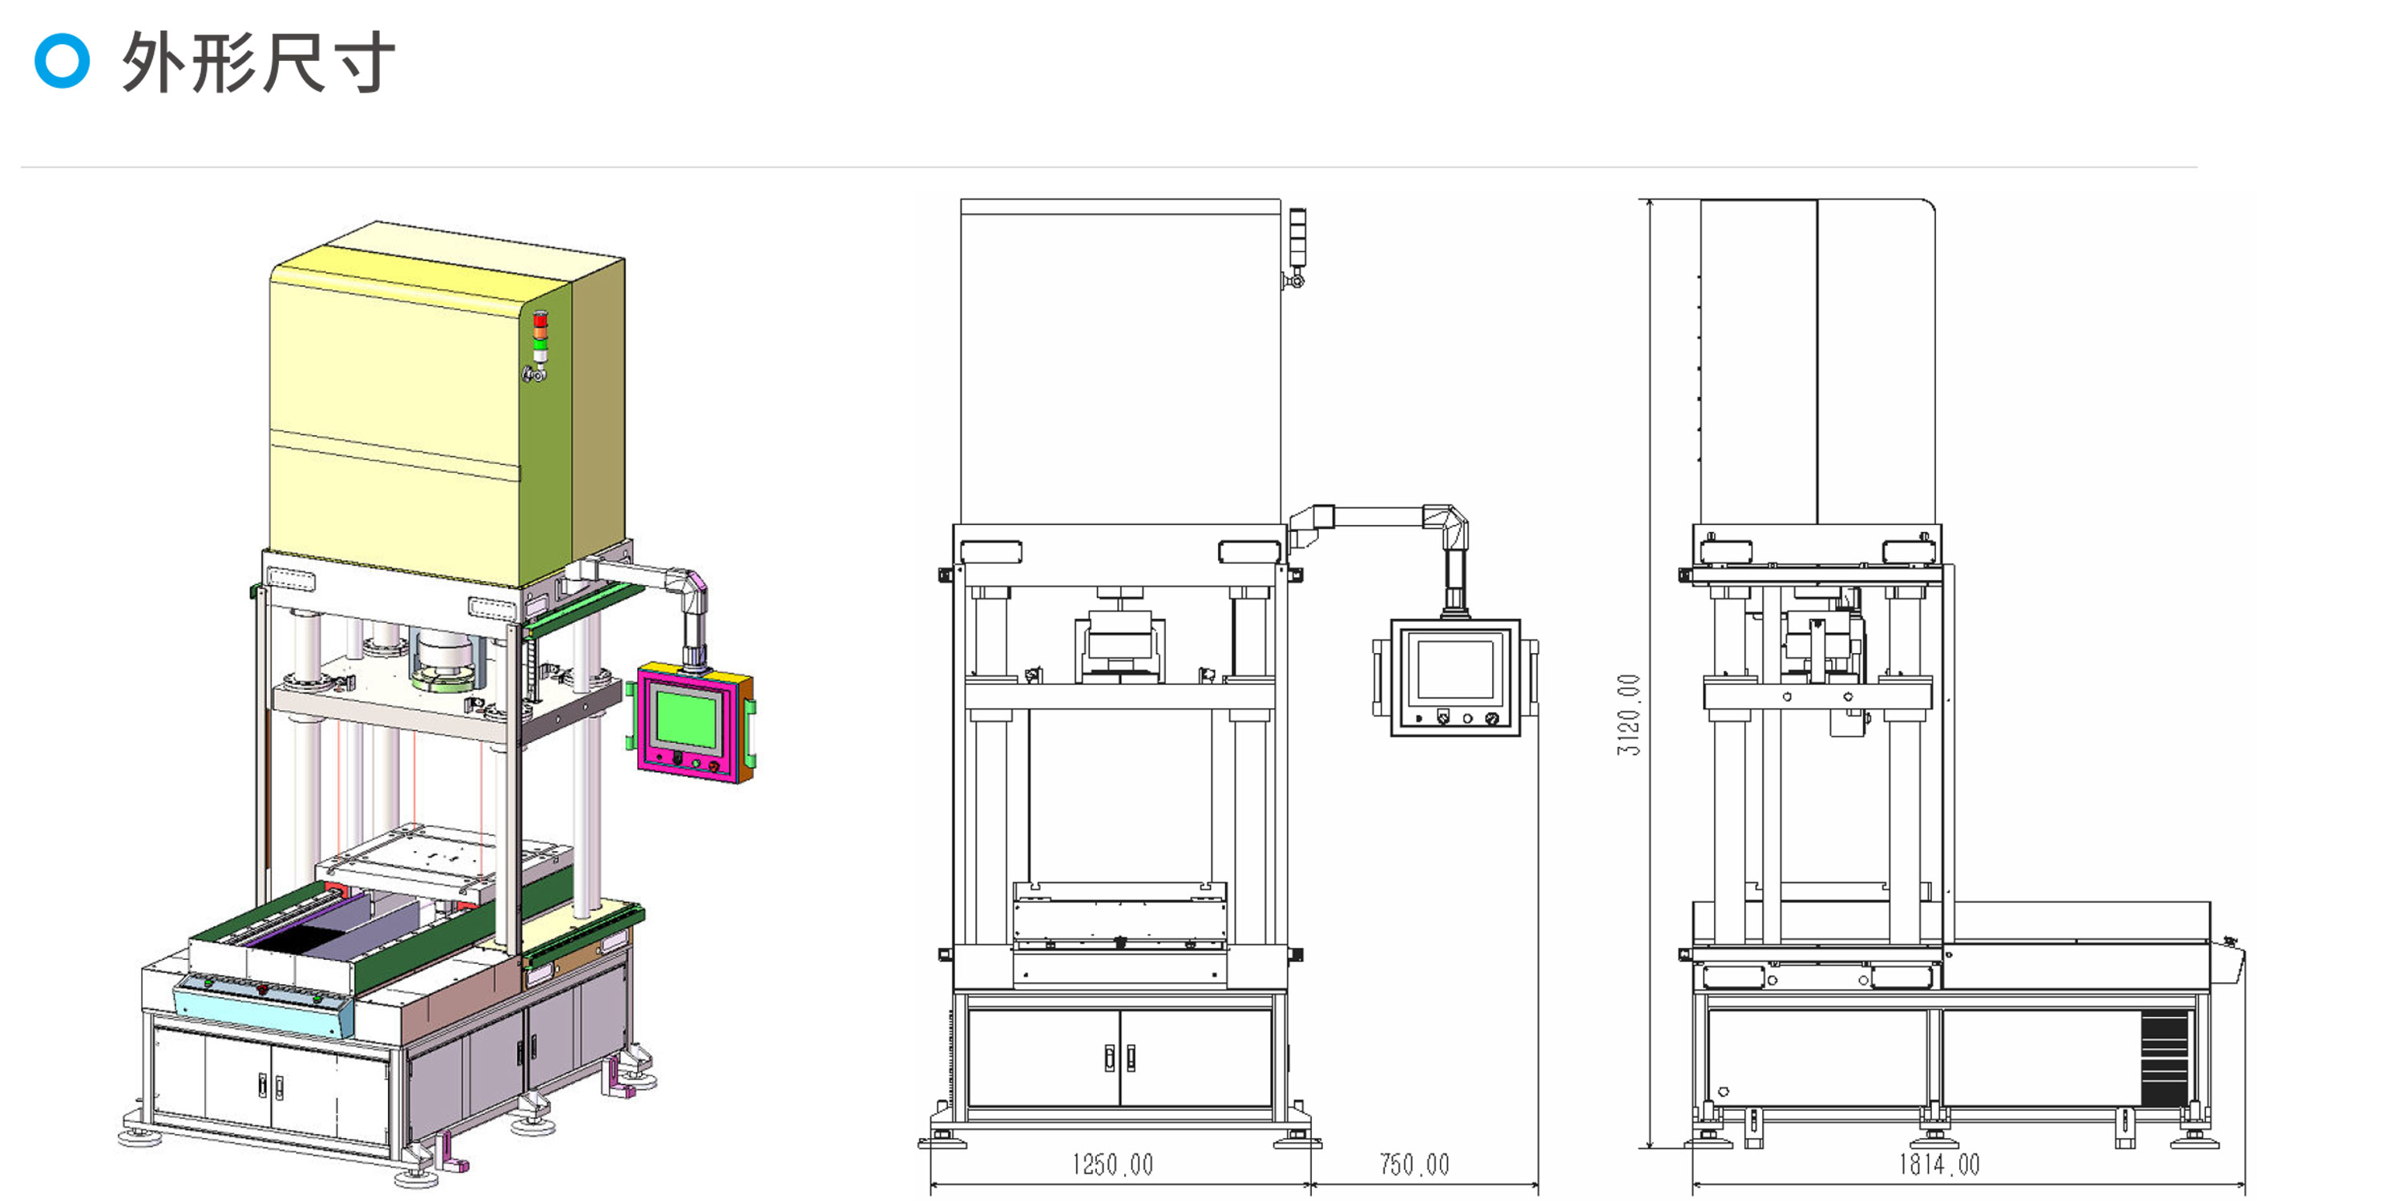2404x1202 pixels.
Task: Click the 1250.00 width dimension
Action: click(x=1111, y=1164)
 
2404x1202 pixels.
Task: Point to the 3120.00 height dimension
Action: click(x=1628, y=715)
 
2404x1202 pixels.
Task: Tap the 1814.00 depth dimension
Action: click(x=1939, y=1164)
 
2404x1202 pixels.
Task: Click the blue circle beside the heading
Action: click(x=62, y=61)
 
